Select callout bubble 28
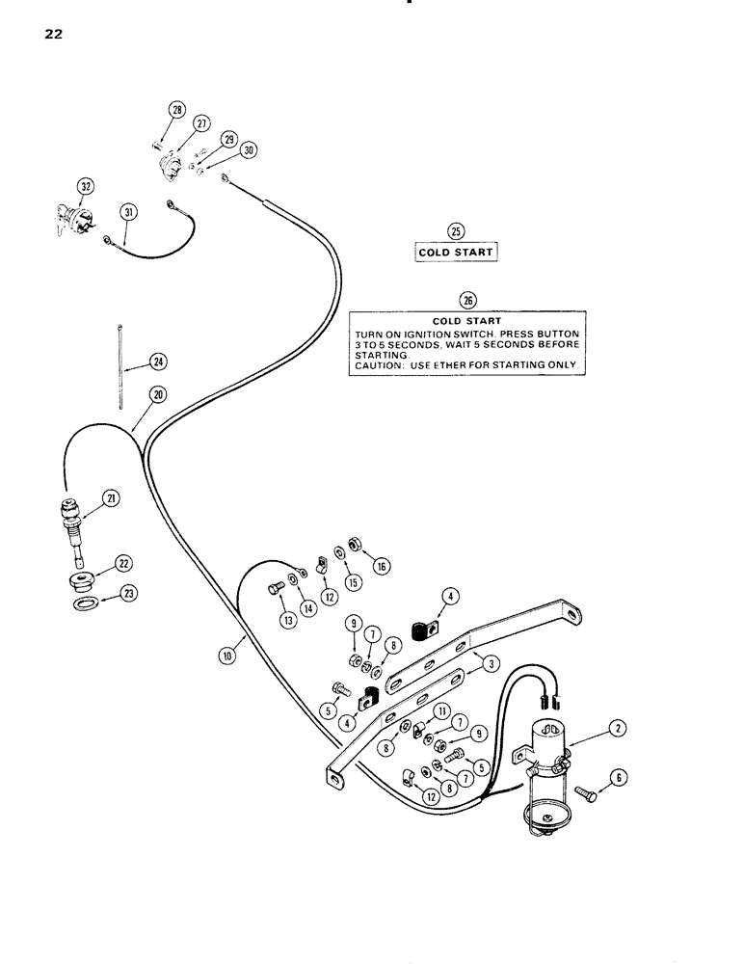177,111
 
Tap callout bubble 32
86,184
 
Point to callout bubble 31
127,213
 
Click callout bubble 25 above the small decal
456,230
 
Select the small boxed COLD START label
456,253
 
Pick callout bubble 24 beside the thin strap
156,361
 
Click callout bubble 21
111,498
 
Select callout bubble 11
438,710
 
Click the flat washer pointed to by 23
85,602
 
